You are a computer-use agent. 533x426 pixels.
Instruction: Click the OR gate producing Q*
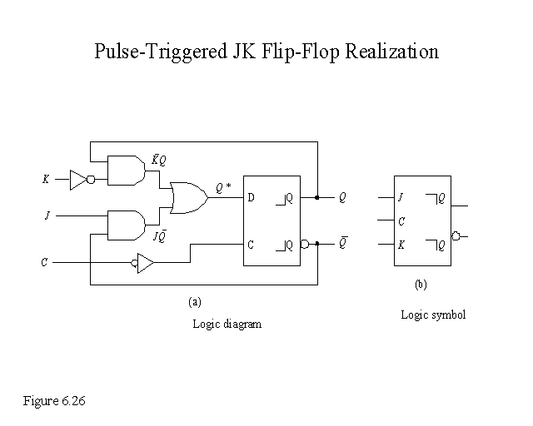186,197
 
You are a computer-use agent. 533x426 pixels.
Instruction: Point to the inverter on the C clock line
144,264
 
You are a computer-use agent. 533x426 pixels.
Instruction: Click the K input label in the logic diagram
45,178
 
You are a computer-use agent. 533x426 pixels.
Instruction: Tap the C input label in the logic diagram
44,264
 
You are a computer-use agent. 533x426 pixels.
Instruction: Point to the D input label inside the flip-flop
251,198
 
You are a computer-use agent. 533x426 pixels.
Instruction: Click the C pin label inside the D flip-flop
251,245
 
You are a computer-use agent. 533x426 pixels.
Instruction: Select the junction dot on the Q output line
317,198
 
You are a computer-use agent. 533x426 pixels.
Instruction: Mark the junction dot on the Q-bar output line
317,245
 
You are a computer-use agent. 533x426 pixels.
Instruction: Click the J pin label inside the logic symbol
401,198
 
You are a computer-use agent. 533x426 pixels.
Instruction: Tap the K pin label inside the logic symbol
401,245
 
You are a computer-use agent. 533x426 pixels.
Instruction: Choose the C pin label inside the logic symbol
401,221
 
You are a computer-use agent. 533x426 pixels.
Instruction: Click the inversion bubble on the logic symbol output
455,236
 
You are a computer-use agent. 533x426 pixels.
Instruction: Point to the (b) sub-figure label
421,285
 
